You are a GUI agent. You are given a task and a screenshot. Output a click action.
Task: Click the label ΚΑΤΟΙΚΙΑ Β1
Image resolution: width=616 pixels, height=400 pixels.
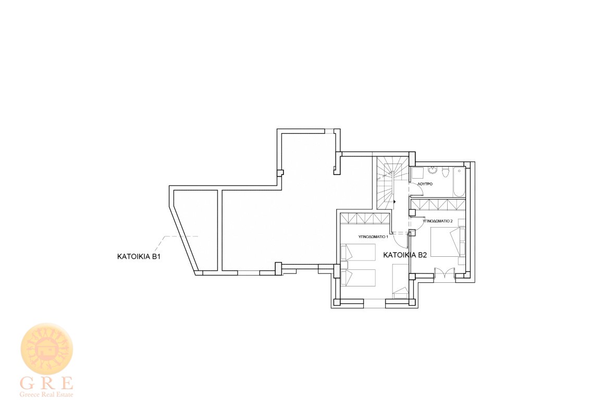click(x=139, y=257)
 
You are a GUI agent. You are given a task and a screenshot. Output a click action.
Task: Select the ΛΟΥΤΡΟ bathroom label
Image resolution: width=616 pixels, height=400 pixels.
click(x=425, y=184)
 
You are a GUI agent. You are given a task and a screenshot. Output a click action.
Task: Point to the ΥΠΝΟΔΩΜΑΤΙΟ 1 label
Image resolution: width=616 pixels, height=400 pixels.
click(x=373, y=237)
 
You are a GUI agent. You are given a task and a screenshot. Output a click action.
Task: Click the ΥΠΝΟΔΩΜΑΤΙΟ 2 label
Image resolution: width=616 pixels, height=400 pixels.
click(x=438, y=221)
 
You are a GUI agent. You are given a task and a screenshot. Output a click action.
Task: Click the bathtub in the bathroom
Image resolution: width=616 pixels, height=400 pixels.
click(x=459, y=182)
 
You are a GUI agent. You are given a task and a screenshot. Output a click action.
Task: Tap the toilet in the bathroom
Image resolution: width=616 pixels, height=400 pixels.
click(x=446, y=172)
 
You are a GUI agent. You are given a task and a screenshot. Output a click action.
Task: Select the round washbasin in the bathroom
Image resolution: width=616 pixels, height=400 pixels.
click(x=432, y=171)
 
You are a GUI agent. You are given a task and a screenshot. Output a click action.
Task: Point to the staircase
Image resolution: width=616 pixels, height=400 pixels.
click(x=386, y=182)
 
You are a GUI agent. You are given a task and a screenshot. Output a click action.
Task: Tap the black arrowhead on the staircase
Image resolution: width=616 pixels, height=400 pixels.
click(x=394, y=202)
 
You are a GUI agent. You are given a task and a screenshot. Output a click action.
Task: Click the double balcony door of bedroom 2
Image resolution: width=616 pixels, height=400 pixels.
click(x=445, y=273)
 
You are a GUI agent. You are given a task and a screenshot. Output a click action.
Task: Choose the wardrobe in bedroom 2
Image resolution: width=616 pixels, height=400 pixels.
click(x=438, y=205)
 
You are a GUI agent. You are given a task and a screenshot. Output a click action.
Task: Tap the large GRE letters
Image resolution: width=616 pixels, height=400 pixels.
click(x=46, y=382)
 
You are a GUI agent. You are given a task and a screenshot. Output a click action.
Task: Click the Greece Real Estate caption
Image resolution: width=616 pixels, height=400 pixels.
click(x=46, y=394)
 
